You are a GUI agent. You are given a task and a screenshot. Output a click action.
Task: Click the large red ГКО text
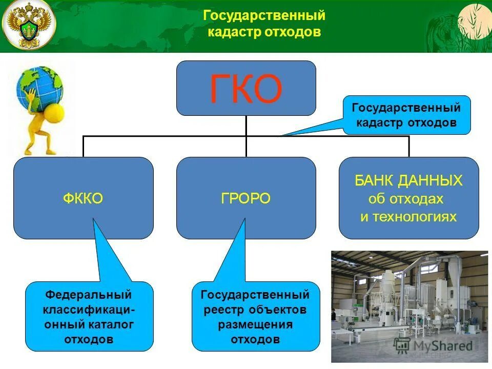(246, 89)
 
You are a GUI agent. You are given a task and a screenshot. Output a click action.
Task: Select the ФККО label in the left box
(83, 198)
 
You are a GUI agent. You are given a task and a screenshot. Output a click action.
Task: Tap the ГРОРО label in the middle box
(246, 198)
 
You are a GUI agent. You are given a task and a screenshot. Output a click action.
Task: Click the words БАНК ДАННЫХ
(408, 180)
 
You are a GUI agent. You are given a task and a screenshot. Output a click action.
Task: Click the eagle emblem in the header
(29, 25)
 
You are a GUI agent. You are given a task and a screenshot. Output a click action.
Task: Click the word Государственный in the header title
(264, 16)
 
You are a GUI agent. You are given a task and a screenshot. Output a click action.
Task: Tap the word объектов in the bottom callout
(278, 310)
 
